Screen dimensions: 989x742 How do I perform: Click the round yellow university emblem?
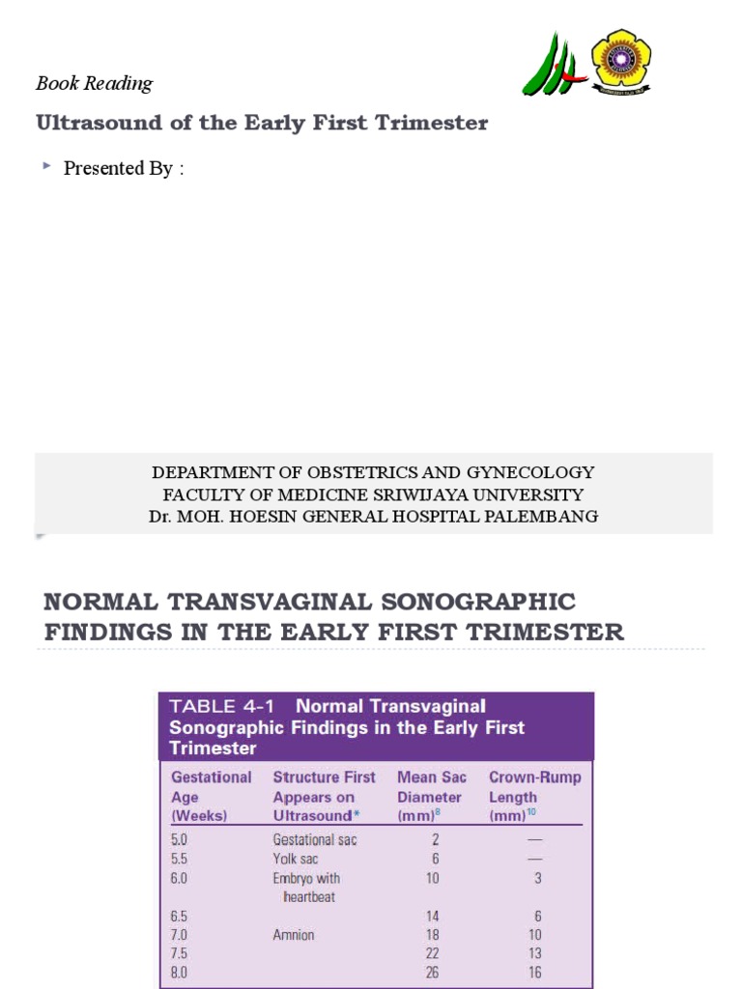pyautogui.click(x=620, y=61)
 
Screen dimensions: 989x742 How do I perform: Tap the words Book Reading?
pyautogui.click(x=94, y=83)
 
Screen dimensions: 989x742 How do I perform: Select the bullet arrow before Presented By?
pyautogui.click(x=46, y=167)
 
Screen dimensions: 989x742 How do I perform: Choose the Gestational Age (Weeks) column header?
pyautogui.click(x=211, y=797)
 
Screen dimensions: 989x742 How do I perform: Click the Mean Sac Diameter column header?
pyautogui.click(x=431, y=797)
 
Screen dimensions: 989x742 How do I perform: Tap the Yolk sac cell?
pyautogui.click(x=295, y=859)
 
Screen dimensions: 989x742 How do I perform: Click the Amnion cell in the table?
pyautogui.click(x=294, y=935)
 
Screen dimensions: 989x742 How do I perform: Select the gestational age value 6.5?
pyautogui.click(x=181, y=916)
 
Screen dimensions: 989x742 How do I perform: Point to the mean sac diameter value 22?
pyautogui.click(x=432, y=954)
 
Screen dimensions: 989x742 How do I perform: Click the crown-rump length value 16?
pyautogui.click(x=534, y=973)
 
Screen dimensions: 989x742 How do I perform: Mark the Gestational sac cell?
pyautogui.click(x=315, y=840)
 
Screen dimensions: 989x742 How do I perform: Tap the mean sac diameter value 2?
pyautogui.click(x=436, y=840)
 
